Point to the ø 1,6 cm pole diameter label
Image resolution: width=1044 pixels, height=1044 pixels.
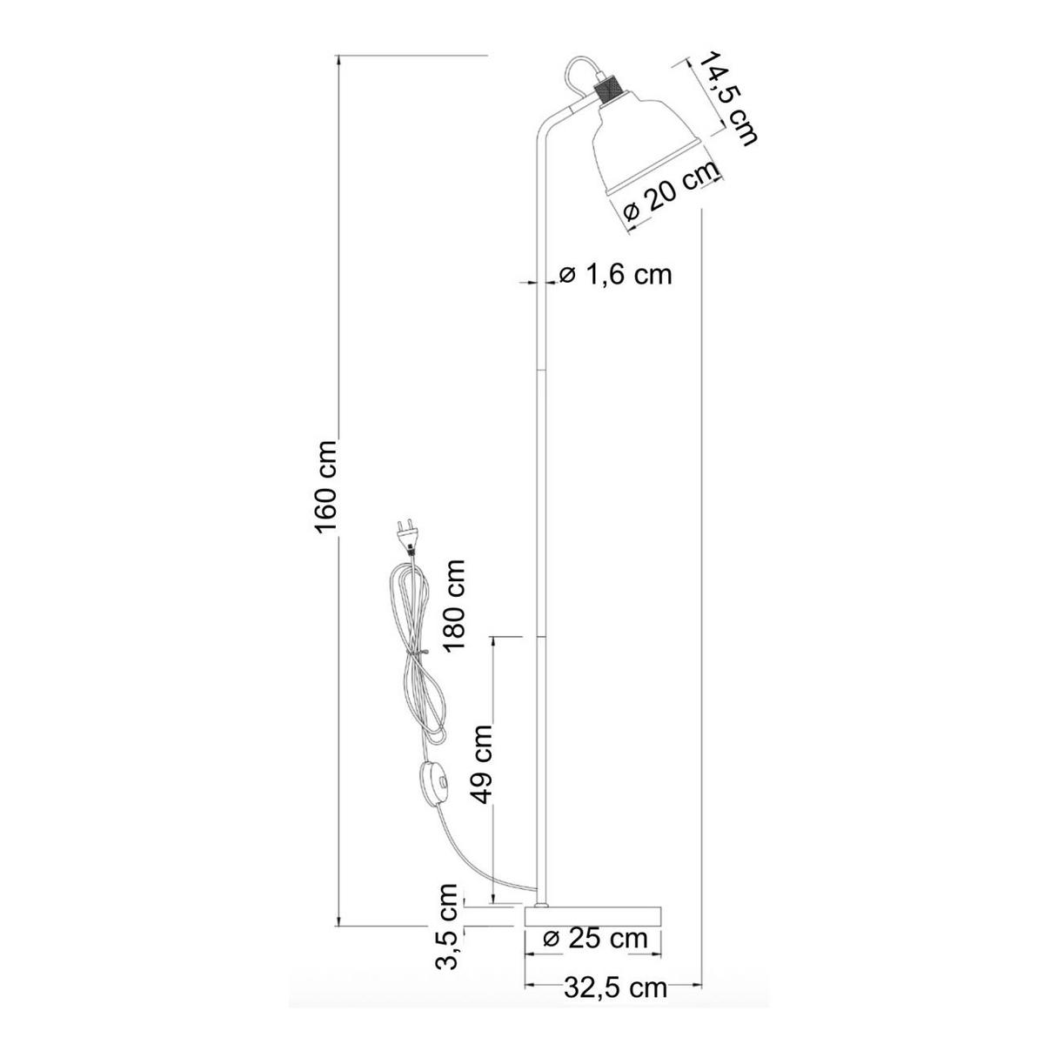[615, 275]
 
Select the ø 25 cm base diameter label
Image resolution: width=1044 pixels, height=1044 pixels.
[596, 939]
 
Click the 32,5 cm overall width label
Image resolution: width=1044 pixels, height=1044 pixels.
[615, 987]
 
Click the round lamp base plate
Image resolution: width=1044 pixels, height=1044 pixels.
[593, 916]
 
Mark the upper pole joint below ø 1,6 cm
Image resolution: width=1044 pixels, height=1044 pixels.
[540, 368]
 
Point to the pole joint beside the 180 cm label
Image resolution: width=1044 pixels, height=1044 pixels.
[540, 637]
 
